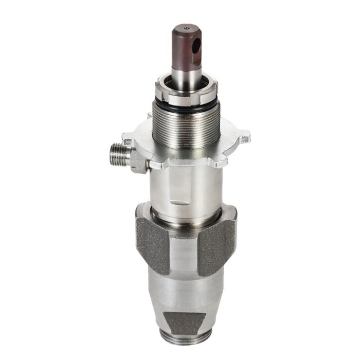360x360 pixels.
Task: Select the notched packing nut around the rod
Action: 186,93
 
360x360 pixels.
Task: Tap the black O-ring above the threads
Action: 186,105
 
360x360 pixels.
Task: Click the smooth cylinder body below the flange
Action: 186,185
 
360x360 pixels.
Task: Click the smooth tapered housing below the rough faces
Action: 186,293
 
